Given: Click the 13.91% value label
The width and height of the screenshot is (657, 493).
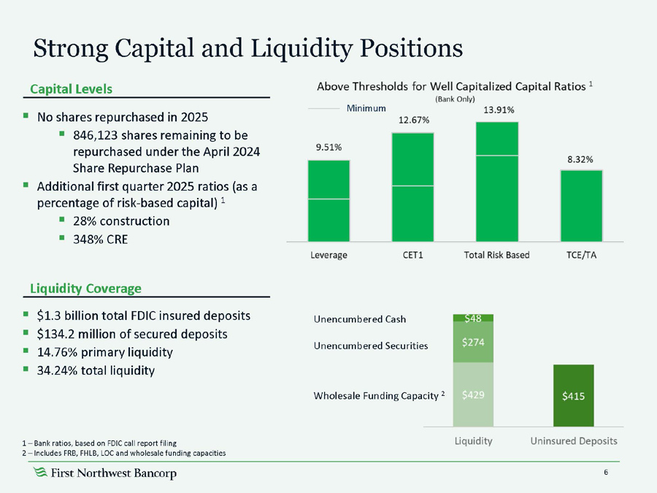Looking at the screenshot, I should pos(499,110).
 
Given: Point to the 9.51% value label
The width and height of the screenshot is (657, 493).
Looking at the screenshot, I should pos(328,147).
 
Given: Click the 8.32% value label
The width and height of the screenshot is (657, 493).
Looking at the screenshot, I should pos(581,158).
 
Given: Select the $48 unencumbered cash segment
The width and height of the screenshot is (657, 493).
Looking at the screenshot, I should pos(473,318).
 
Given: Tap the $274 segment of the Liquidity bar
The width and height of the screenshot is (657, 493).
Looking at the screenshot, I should pos(473,341).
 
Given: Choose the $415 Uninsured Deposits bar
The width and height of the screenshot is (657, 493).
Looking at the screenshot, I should pos(573,395).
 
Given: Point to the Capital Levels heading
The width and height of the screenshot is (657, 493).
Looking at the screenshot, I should pos(72,89).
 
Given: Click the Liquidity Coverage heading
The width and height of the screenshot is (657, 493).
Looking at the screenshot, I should pos(86,288).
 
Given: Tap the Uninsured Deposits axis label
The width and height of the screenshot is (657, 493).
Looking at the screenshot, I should pos(574,441).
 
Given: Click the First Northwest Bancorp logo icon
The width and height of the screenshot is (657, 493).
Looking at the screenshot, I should pos(41,474).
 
